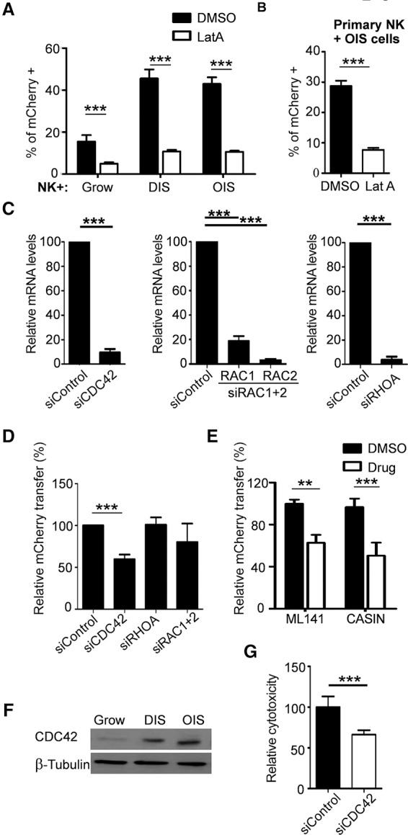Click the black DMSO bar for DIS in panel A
click(x=148, y=126)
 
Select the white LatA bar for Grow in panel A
click(x=108, y=169)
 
